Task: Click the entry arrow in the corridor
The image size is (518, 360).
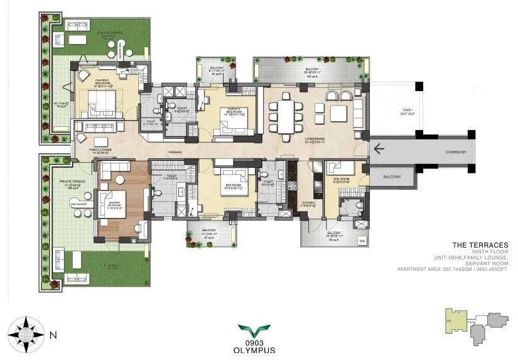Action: [x=379, y=149]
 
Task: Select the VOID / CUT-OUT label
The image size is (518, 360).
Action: [x=397, y=112]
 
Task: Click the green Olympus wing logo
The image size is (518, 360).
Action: [x=258, y=329]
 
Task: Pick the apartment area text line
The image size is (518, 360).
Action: [x=453, y=270]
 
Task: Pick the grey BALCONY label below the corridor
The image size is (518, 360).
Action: [x=392, y=177]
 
